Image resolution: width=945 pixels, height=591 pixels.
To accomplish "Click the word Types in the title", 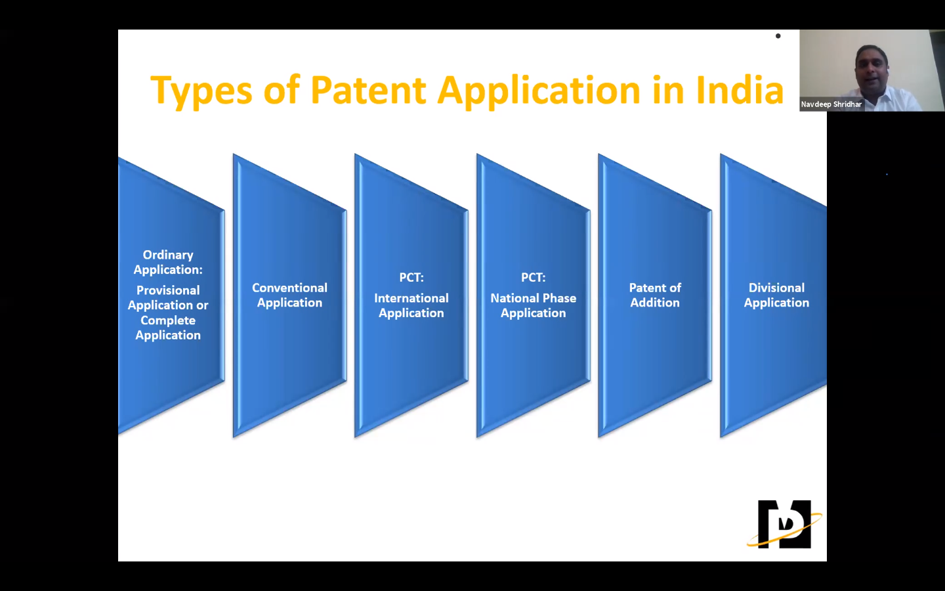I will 201,91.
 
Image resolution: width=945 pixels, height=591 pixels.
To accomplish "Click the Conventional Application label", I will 289,295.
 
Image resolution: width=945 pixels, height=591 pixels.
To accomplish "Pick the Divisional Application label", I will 776,295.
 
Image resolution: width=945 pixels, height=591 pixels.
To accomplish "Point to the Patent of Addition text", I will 654,295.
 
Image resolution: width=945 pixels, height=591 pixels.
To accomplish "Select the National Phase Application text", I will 533,305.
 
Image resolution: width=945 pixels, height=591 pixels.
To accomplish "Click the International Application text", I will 411,305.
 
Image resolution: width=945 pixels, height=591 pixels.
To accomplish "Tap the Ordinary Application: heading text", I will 168,262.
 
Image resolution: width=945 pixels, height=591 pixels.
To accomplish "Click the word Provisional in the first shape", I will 168,290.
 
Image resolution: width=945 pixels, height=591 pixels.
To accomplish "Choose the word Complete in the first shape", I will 168,320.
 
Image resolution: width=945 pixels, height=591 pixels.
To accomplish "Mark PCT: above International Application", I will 411,277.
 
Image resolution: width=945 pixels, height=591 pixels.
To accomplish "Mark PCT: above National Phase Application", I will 533,277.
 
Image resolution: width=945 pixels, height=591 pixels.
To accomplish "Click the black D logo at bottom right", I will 784,524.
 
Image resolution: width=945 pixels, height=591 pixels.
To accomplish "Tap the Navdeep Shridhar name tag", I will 831,104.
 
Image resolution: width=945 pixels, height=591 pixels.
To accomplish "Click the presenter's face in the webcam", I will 872,68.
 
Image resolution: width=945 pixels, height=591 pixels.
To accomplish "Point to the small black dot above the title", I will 778,36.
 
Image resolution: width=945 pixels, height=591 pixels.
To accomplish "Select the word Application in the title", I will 538,91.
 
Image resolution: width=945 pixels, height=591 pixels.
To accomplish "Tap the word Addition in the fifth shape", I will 654,303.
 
